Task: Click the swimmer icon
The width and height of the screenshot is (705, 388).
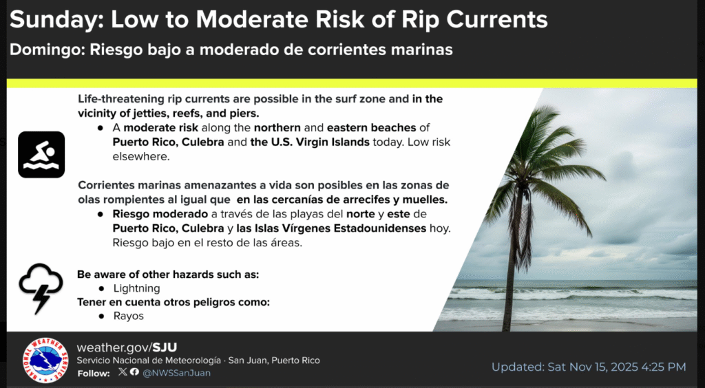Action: pyautogui.click(x=41, y=155)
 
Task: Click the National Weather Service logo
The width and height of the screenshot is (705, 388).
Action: pyautogui.click(x=45, y=360)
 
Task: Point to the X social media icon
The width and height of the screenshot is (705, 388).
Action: pyautogui.click(x=123, y=371)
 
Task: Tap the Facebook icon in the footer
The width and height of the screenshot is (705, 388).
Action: pyautogui.click(x=134, y=371)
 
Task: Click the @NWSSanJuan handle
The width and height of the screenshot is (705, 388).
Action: pyautogui.click(x=176, y=373)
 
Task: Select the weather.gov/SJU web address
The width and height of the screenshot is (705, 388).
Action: pyautogui.click(x=127, y=347)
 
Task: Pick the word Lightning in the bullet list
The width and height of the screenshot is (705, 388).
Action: pyautogui.click(x=137, y=288)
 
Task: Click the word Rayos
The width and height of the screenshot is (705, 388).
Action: pyautogui.click(x=129, y=316)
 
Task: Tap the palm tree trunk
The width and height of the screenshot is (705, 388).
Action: pyautogui.click(x=512, y=256)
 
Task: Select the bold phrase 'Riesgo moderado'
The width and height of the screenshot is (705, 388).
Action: pyautogui.click(x=160, y=214)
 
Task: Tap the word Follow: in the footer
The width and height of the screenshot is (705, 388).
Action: pyautogui.click(x=94, y=373)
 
